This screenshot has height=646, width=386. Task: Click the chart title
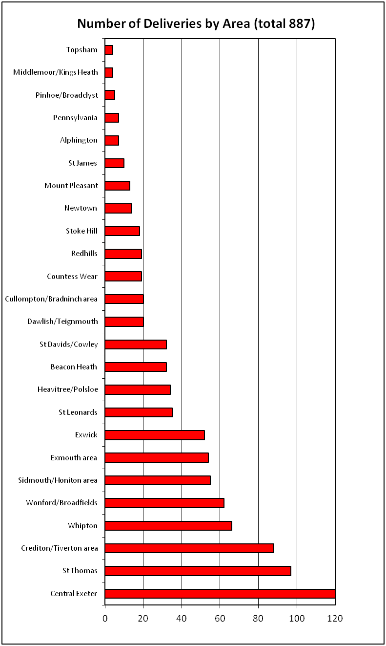pyautogui.click(x=196, y=23)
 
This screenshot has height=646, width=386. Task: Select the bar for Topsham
pyautogui.click(x=109, y=50)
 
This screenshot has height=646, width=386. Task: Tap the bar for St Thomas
pyautogui.click(x=198, y=571)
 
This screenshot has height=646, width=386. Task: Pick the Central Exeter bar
pyautogui.click(x=220, y=594)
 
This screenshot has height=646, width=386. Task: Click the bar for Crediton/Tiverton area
pyautogui.click(x=189, y=548)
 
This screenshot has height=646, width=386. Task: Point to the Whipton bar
pyautogui.click(x=168, y=526)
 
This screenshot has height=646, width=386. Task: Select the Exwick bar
pyautogui.click(x=155, y=435)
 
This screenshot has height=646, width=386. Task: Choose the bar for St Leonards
pyautogui.click(x=139, y=412)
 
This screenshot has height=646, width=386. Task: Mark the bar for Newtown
pyautogui.click(x=119, y=208)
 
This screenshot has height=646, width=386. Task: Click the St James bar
pyautogui.click(x=115, y=163)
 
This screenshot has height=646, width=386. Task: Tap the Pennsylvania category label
pyautogui.click(x=75, y=118)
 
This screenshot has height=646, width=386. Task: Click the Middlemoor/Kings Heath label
pyautogui.click(x=56, y=72)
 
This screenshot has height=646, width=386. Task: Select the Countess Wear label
pyautogui.click(x=72, y=277)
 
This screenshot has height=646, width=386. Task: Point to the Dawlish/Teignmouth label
pyautogui.click(x=62, y=322)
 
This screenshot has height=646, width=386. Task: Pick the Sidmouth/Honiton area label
pyautogui.click(x=58, y=480)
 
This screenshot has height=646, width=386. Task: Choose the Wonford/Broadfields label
pyautogui.click(x=61, y=503)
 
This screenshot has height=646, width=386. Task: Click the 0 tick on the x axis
pyautogui.click(x=105, y=619)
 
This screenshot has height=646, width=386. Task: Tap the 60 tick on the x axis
pyautogui.click(x=220, y=619)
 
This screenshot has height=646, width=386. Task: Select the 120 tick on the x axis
pyautogui.click(x=335, y=619)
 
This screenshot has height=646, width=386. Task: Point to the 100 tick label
pyautogui.click(x=296, y=619)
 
